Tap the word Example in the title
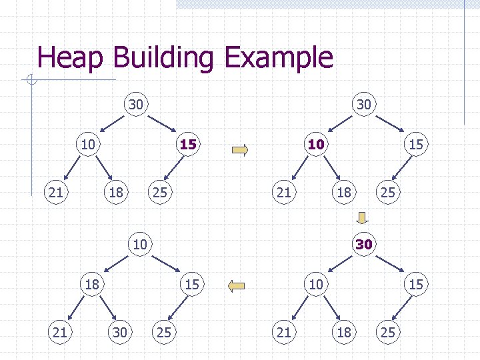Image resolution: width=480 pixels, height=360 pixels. pyautogui.click(x=279, y=59)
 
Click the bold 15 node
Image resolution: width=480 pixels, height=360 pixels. pyautogui.click(x=188, y=144)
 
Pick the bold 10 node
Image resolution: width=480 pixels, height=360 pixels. pyautogui.click(x=315, y=144)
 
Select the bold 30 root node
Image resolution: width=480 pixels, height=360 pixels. pyautogui.click(x=363, y=244)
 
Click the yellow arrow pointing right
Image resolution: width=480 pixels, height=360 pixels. pyautogui.click(x=239, y=149)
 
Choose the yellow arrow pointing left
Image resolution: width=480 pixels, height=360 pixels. pyautogui.click(x=237, y=287)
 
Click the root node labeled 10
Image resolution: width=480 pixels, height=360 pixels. pyautogui.click(x=139, y=244)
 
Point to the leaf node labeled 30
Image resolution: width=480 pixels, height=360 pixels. pyautogui.click(x=120, y=331)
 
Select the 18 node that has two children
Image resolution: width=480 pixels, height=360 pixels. pyautogui.click(x=91, y=285)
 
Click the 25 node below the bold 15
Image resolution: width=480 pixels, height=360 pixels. pyautogui.click(x=159, y=193)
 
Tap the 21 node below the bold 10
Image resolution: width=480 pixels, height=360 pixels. pyautogui.click(x=284, y=193)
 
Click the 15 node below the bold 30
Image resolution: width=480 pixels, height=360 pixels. pyautogui.click(x=416, y=285)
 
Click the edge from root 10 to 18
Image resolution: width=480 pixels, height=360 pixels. pyautogui.click(x=115, y=264)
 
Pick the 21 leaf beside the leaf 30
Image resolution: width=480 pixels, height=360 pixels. pyautogui.click(x=59, y=331)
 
